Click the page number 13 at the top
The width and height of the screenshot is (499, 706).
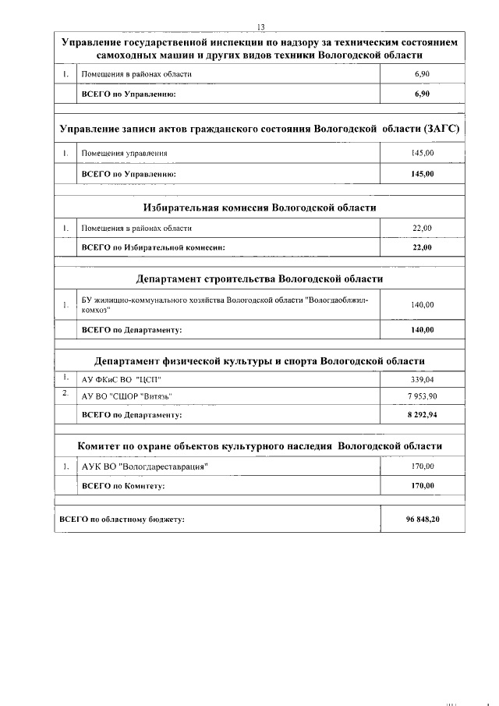coord(260,27)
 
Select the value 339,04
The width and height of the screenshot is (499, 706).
coord(422,380)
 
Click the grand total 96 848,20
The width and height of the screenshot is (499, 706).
coord(422,520)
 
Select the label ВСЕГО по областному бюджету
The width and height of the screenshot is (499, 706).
coord(122,520)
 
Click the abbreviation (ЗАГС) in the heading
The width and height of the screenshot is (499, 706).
coord(441,127)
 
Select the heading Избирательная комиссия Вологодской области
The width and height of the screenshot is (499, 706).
coord(260,208)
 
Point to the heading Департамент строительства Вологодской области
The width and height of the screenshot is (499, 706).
coord(260,278)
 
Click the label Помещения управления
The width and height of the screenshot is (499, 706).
coord(124,154)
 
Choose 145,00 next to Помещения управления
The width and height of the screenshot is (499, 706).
coord(422,154)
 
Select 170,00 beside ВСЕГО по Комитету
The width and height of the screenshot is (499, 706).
coord(422,486)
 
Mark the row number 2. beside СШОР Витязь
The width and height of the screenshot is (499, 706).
coord(66,395)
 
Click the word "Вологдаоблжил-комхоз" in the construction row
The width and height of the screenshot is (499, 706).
coord(335,300)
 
